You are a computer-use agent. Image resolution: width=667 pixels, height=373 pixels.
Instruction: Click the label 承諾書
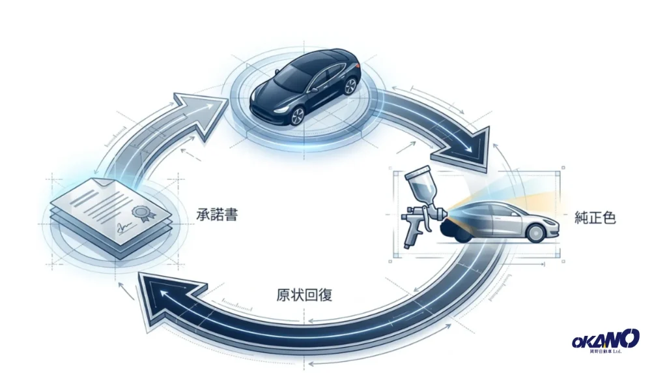pos(217,214)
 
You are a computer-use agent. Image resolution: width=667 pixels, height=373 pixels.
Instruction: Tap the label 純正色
pos(595,218)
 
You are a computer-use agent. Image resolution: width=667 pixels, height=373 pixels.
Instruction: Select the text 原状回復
pos(304,295)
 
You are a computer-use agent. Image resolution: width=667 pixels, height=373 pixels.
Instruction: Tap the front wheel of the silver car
pos(535,233)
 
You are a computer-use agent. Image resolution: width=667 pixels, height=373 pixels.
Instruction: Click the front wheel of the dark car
pos(298,115)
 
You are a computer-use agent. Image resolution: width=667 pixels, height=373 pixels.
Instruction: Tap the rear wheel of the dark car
pos(350,85)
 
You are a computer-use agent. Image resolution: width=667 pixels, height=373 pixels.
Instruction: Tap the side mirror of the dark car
pos(313,90)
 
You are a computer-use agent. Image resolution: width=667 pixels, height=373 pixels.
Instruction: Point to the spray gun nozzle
pos(444,210)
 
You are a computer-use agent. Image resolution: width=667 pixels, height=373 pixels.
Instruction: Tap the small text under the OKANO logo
pos(606,351)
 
